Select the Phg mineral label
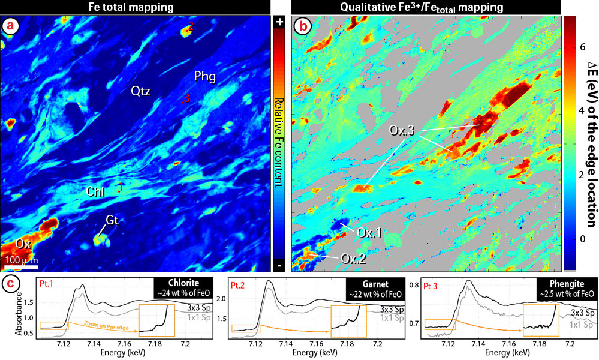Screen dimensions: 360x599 pos(205,77)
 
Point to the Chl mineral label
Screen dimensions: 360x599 pos(95,192)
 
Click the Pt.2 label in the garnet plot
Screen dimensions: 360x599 pos(240,282)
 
